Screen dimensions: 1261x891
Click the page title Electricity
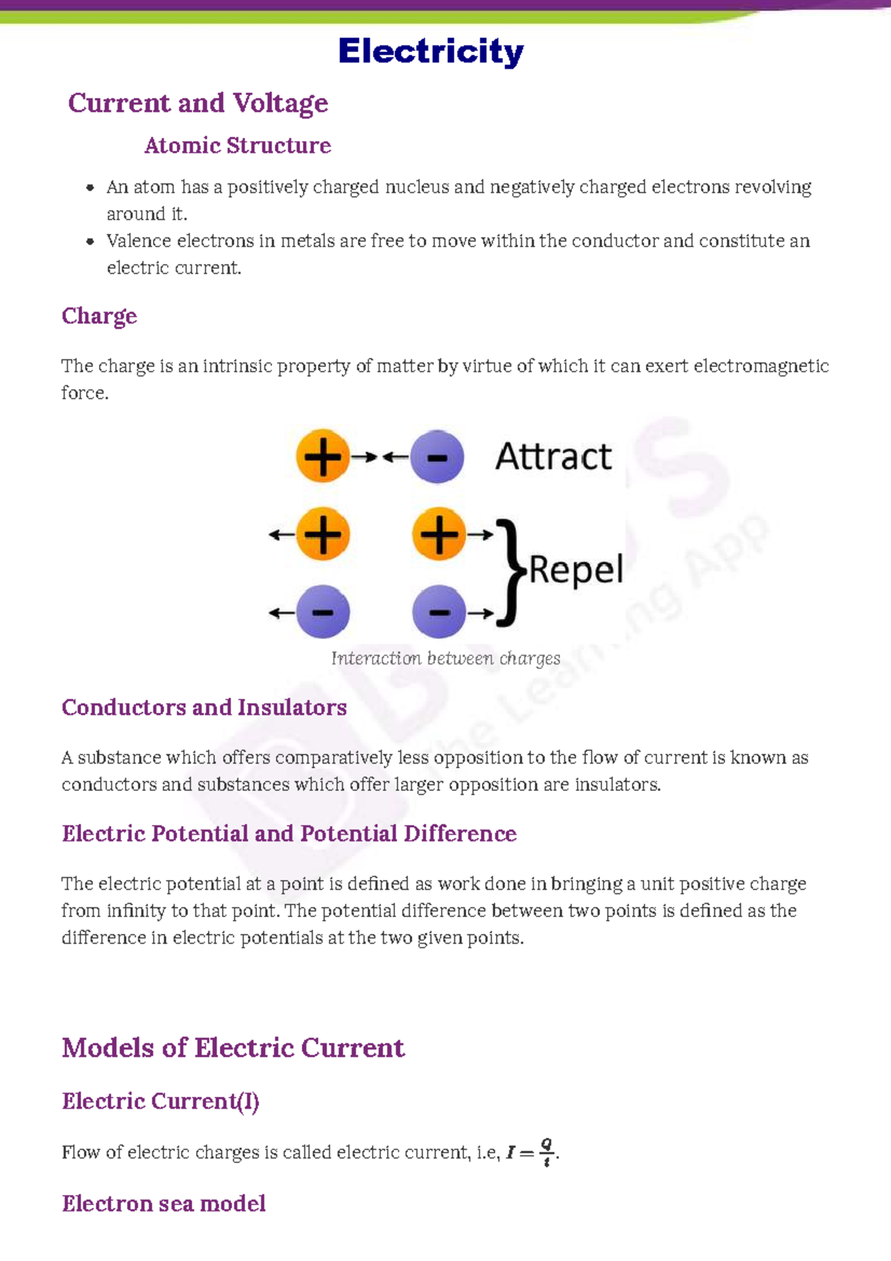(431, 52)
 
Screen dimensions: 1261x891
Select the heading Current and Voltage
(198, 103)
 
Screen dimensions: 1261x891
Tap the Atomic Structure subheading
(238, 146)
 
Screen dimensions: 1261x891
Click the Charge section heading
(99, 316)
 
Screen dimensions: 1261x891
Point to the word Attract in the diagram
(553, 456)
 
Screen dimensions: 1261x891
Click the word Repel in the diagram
(576, 570)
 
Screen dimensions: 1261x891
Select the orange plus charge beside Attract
(322, 456)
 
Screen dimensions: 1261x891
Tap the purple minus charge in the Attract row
(437, 457)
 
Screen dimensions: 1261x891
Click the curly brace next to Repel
(509, 572)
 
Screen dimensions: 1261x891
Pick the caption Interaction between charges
(446, 659)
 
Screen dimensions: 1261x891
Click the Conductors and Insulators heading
(204, 708)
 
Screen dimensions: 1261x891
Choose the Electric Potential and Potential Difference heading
(289, 834)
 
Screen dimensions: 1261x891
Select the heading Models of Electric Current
(233, 1048)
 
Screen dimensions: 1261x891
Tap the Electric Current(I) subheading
(160, 1101)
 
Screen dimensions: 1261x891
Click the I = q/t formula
(532, 1153)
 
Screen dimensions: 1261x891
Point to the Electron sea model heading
(163, 1204)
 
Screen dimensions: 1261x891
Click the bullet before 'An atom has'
(90, 188)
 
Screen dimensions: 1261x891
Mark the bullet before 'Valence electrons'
(90, 241)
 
